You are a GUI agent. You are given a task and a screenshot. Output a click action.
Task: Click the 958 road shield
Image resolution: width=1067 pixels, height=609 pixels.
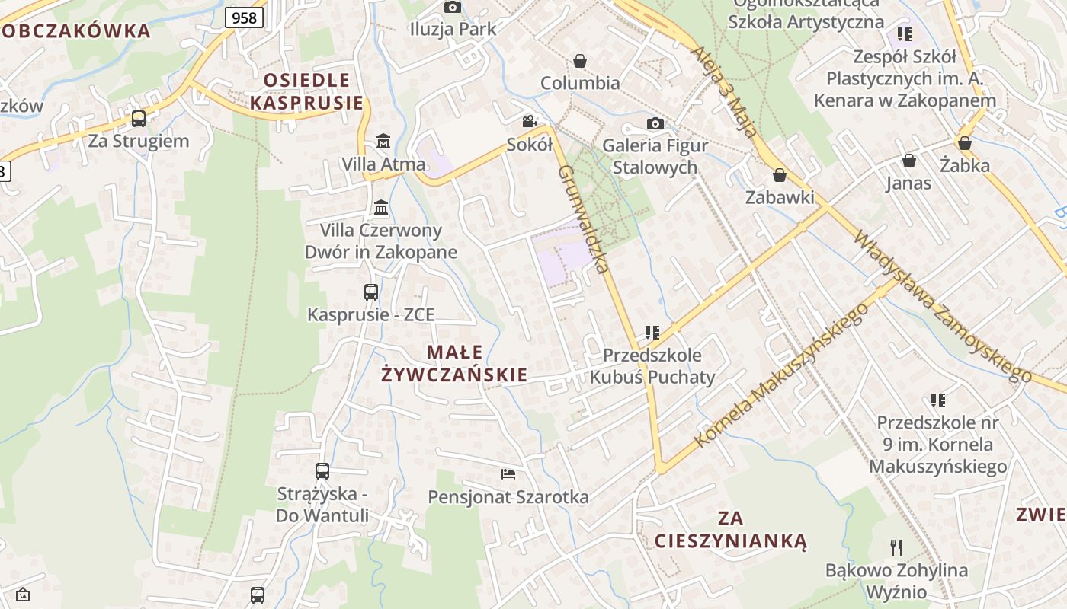[x=244, y=18]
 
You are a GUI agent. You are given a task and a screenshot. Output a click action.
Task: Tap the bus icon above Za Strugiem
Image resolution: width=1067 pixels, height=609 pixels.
[x=139, y=119]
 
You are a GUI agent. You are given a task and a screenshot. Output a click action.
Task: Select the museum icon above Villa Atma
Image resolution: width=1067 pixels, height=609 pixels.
[x=383, y=142]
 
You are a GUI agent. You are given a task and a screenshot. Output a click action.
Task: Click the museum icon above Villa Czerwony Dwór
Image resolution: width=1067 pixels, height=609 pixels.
[x=381, y=207]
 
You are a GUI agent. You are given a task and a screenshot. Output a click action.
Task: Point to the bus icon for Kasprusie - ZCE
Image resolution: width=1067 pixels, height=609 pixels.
[x=371, y=292]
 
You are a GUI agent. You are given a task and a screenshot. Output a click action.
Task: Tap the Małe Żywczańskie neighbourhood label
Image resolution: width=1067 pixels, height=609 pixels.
[x=454, y=363]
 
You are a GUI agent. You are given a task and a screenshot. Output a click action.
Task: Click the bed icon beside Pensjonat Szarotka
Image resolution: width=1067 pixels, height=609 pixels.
[x=508, y=474]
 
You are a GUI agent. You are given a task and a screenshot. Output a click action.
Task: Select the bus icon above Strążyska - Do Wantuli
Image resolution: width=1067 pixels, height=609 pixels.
[x=322, y=471]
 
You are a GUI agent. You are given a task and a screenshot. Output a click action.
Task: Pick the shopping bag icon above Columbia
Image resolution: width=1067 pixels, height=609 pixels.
[x=580, y=60]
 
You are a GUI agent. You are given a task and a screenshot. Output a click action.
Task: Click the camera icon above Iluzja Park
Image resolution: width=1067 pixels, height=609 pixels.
[x=453, y=8]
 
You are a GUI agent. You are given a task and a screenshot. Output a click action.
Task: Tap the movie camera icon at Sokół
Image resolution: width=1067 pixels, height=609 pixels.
[x=529, y=122]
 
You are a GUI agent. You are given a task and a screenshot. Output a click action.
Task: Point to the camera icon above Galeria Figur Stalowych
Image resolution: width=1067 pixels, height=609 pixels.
[x=655, y=123]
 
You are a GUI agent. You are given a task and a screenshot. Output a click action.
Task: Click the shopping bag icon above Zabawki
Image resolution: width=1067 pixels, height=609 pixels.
[x=780, y=175]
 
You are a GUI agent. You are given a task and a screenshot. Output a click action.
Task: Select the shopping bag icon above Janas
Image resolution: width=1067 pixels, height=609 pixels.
[x=908, y=161]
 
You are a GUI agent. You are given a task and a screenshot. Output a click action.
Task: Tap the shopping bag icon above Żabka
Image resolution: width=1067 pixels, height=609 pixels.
[x=965, y=143]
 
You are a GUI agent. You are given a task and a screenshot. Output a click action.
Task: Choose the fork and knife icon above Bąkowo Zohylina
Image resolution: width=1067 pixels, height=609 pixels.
[x=896, y=547]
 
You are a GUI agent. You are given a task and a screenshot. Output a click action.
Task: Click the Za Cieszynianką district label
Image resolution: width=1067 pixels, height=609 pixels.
[x=730, y=530]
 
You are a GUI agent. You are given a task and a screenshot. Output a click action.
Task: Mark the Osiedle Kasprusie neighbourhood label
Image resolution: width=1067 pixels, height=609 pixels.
[x=306, y=91]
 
